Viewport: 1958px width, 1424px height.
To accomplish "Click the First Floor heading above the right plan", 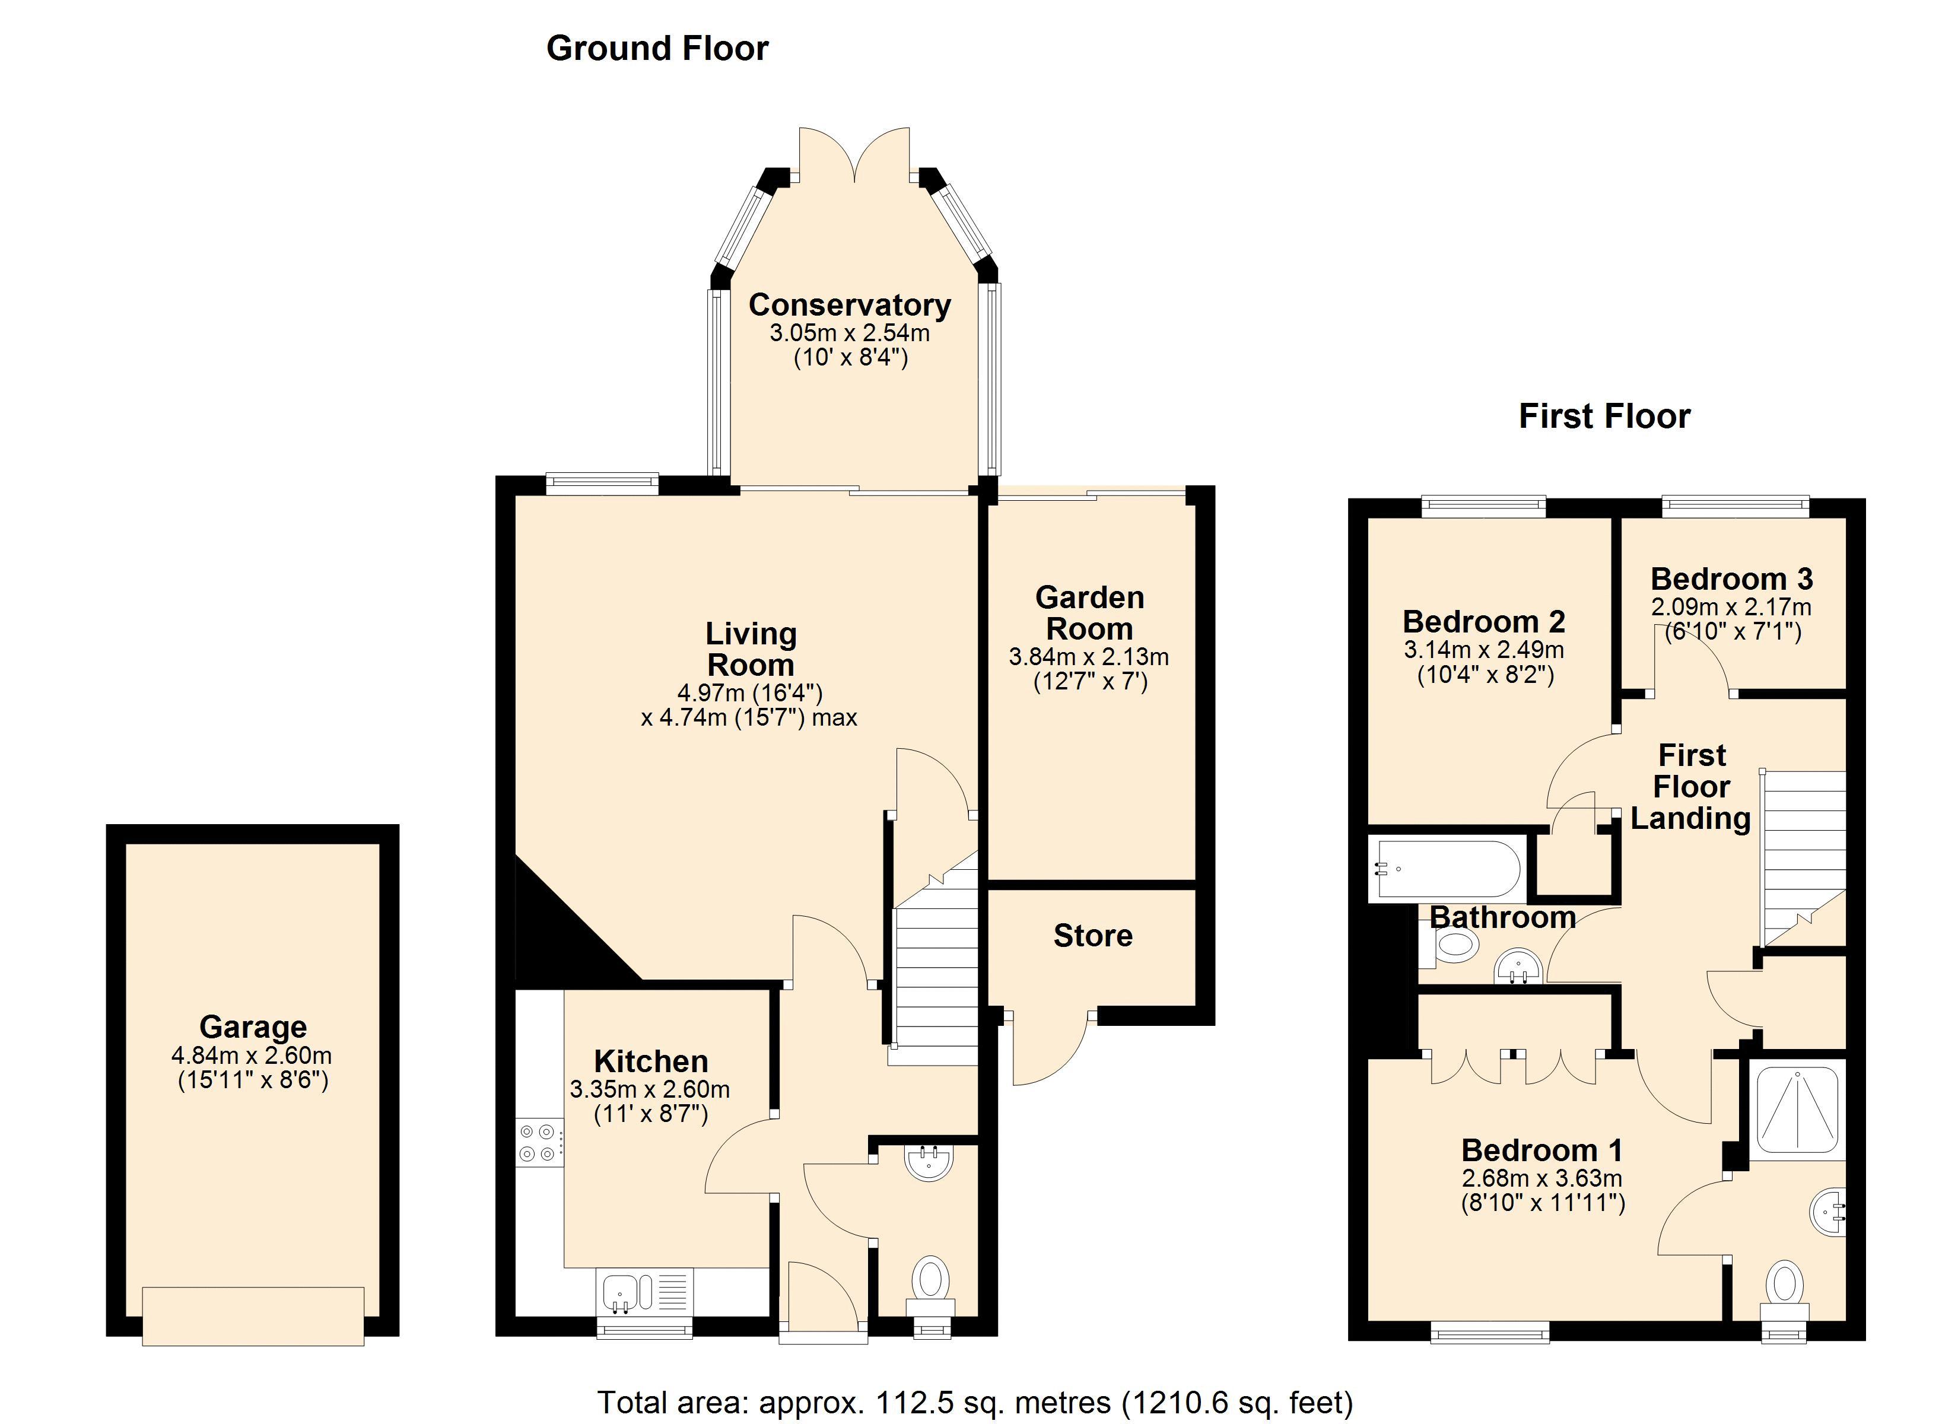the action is [x=1604, y=417].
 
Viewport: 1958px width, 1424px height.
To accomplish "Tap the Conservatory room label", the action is [x=850, y=305].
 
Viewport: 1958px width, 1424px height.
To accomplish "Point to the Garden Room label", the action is [x=1089, y=613].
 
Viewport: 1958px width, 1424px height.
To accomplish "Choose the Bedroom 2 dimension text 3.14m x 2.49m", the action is [x=1484, y=649].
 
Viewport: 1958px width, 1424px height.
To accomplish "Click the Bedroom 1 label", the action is [x=1542, y=1150].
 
